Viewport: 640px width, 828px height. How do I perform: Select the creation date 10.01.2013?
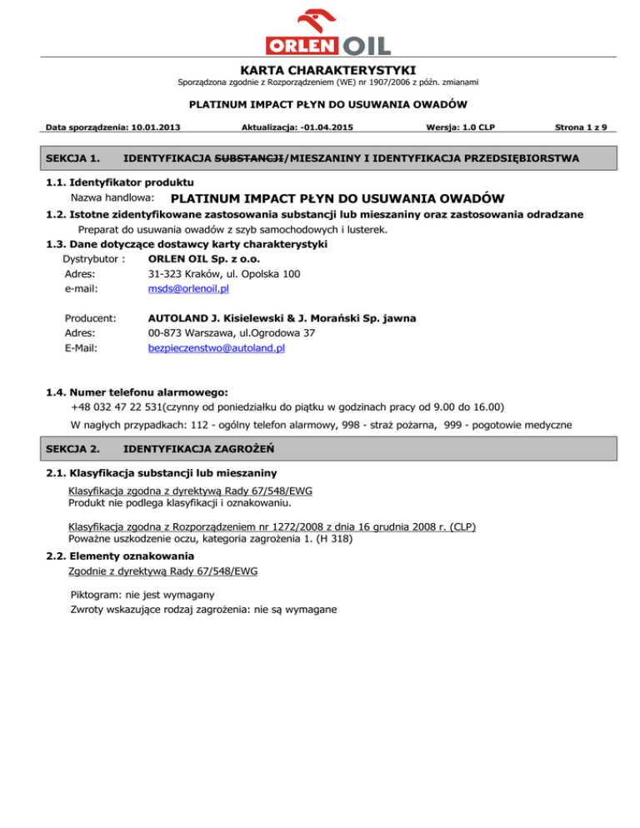click(156, 127)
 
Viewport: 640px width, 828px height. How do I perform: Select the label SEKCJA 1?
click(70, 157)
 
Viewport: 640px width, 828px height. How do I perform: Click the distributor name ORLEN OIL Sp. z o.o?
click(204, 258)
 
